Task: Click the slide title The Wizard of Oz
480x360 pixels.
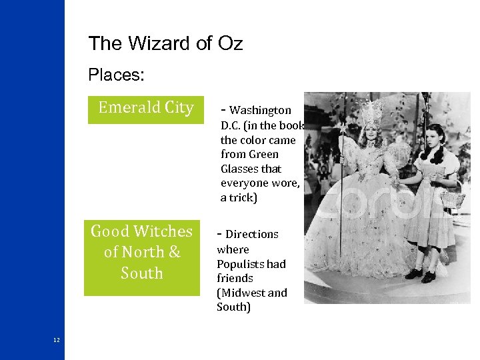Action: pos(165,44)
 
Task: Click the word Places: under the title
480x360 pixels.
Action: pos(116,75)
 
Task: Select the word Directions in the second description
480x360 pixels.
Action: pos(252,234)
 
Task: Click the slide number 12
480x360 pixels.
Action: pos(57,340)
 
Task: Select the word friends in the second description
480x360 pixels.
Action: pos(235,278)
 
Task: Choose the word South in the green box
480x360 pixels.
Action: pos(141,273)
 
